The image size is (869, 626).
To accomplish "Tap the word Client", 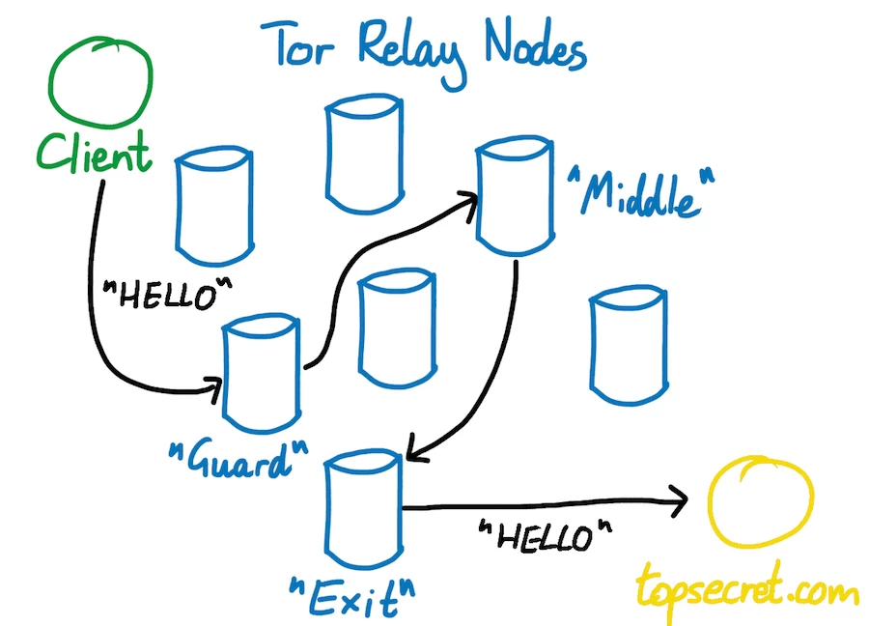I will click(96, 154).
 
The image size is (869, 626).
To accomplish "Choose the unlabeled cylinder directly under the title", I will click(362, 155).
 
